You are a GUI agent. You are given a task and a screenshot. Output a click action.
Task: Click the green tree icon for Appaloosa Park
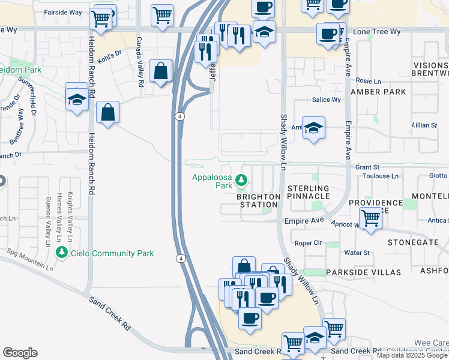pyautogui.click(x=241, y=179)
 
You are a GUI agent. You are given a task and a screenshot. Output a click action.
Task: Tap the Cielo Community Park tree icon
pyautogui.click(x=61, y=253)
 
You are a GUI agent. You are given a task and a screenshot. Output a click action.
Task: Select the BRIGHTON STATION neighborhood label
pyautogui.click(x=258, y=200)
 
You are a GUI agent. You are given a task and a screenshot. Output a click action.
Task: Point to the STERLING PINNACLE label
pyautogui.click(x=308, y=192)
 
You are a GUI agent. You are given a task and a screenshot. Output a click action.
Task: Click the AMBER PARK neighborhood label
pyautogui.click(x=378, y=92)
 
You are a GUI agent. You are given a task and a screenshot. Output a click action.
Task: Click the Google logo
pyautogui.click(x=20, y=353)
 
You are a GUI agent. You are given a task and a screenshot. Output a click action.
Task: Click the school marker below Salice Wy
pyautogui.click(x=313, y=127)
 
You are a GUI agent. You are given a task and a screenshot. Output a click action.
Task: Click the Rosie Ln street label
pyautogui.click(x=369, y=80)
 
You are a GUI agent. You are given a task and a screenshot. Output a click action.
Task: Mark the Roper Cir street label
pyautogui.click(x=309, y=243)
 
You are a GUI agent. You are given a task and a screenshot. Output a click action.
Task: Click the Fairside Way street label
pyautogui.click(x=63, y=12)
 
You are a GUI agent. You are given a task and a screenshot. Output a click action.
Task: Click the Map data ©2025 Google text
pyautogui.click(x=412, y=355)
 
